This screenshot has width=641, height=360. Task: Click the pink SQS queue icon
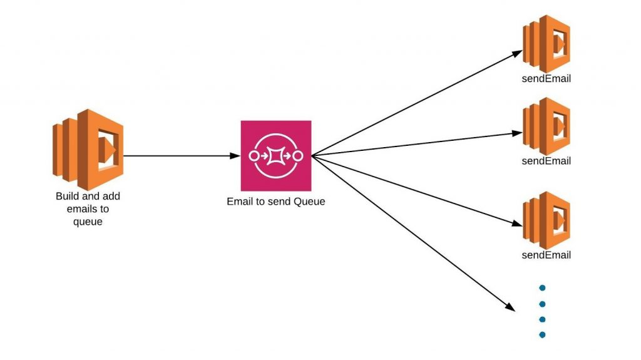[x=276, y=155]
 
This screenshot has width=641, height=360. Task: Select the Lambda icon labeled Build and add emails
[x=88, y=150]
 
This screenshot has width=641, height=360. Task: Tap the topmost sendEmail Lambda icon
[x=546, y=44]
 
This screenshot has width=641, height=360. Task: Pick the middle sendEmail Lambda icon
[x=546, y=126]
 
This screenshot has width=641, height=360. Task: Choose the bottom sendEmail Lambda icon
[x=546, y=220]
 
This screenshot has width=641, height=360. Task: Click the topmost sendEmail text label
[x=546, y=78]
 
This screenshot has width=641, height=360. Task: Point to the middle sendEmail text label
[x=546, y=161]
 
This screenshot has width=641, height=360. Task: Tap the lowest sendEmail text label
[x=546, y=255]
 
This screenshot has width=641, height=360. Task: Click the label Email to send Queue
[x=276, y=201]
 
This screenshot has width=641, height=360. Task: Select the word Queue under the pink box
[x=309, y=201]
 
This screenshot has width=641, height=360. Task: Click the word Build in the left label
[x=68, y=196]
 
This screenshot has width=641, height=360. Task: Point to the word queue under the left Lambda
[x=88, y=222]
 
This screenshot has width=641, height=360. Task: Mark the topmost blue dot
[x=543, y=288]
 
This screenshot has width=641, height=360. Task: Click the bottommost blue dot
[x=543, y=334]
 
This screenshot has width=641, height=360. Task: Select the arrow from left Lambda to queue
[x=182, y=155]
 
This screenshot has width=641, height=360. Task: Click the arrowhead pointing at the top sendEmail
[x=518, y=53]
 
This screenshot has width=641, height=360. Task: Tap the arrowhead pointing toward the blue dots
[x=510, y=307]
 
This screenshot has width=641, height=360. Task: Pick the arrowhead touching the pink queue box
[x=235, y=155]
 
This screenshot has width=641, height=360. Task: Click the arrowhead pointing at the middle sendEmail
[x=517, y=133]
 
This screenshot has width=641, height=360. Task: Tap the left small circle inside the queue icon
[x=254, y=156]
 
